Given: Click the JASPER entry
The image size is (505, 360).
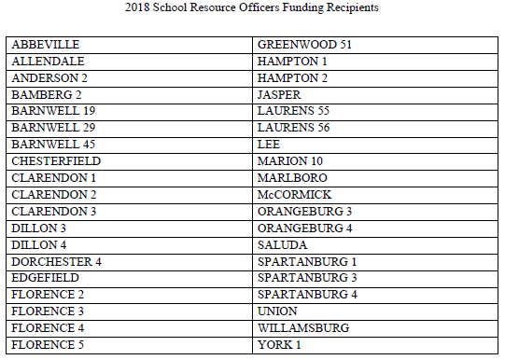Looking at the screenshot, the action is coord(277,95).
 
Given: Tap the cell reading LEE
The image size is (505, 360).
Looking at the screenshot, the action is coord(269,145).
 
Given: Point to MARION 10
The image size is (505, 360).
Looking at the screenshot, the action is coord(289,161).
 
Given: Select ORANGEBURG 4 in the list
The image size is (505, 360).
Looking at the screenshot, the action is coord(304,228).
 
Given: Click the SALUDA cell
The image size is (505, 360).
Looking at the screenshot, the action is coord(280,244).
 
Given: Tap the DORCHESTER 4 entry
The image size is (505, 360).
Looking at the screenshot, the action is coord(57,261).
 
